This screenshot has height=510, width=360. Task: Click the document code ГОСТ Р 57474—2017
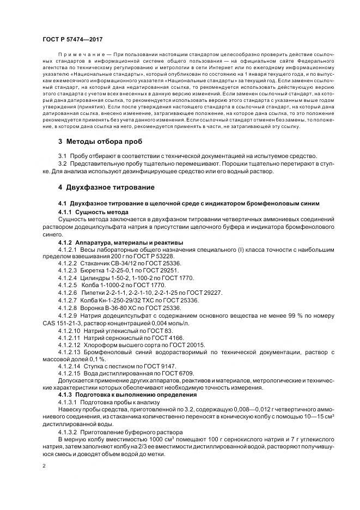click(x=71, y=40)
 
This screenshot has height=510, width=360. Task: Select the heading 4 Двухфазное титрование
click(x=106, y=187)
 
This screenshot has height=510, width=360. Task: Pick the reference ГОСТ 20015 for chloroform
click(x=186, y=345)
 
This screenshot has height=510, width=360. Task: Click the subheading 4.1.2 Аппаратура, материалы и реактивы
click(x=120, y=241)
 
